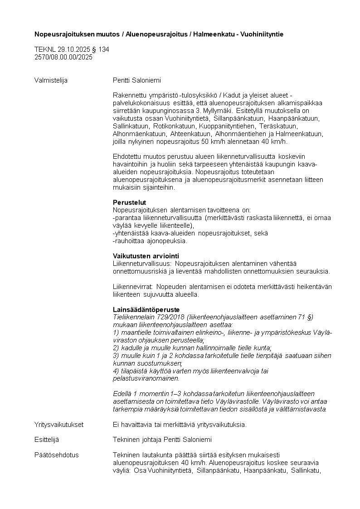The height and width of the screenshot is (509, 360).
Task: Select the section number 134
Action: tap(104, 49)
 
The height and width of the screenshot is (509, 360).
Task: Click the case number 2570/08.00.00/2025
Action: tap(63, 57)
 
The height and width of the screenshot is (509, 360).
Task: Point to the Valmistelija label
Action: tap(51, 80)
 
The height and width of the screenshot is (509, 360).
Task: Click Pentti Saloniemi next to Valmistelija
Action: tap(137, 80)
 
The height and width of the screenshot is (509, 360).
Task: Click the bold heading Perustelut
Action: tap(129, 202)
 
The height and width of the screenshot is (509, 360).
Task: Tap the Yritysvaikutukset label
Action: tap(58, 425)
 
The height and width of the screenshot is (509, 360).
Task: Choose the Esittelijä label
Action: tap(47, 440)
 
